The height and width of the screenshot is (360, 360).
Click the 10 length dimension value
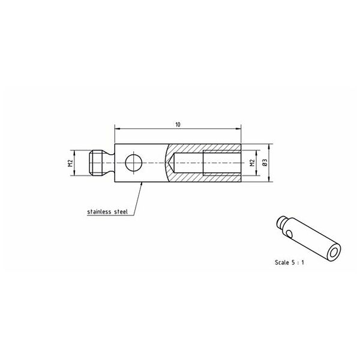178,125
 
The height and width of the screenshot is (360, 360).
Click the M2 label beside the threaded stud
70,163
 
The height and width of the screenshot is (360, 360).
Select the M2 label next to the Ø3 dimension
253,163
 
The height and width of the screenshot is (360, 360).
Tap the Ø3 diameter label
265,163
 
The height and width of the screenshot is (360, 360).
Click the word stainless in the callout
100,211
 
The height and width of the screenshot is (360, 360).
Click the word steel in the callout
121,211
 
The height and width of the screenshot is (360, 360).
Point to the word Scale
282,262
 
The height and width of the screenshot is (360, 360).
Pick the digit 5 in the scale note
293,262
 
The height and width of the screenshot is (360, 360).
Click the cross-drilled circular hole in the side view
134,163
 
